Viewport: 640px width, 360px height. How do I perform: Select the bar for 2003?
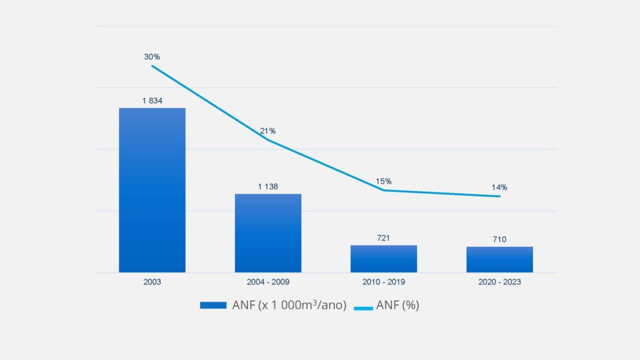[152, 190]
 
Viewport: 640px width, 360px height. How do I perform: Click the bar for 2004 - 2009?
[268, 233]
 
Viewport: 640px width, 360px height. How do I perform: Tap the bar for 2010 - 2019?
[384, 259]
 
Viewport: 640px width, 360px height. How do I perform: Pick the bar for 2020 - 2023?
[499, 259]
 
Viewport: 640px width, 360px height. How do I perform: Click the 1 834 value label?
[152, 101]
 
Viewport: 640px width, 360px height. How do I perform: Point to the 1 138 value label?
[268, 186]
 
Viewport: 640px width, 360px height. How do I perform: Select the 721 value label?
[384, 238]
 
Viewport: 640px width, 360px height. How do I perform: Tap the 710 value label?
[499, 239]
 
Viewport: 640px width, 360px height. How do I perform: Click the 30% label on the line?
[152, 57]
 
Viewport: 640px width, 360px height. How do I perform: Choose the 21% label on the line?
[268, 131]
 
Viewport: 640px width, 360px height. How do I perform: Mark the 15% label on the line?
[384, 182]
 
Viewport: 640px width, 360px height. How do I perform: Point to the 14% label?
[499, 187]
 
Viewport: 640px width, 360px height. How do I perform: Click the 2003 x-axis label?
[152, 282]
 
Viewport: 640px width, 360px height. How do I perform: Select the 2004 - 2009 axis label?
[268, 282]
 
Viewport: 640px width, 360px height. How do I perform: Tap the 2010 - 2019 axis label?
[384, 282]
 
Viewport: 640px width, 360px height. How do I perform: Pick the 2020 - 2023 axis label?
[499, 282]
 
